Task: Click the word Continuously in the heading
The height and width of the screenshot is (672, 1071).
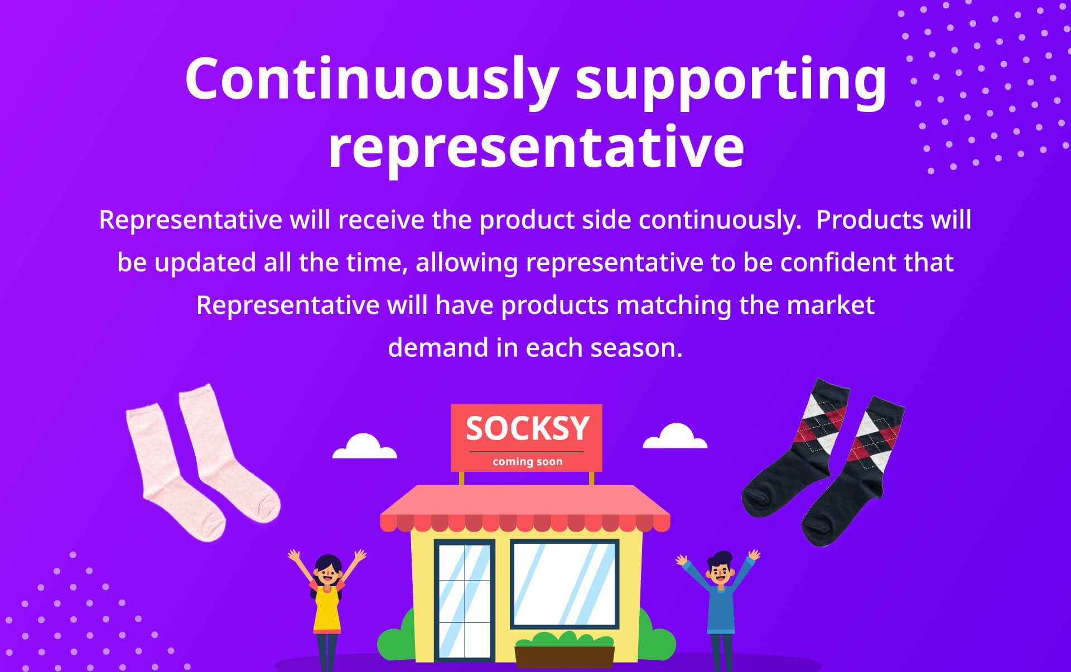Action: tap(372, 80)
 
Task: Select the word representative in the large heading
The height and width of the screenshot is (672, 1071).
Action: tap(536, 148)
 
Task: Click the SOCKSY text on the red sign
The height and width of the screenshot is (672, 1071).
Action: tap(528, 428)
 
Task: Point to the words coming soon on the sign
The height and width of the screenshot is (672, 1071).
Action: tap(528, 462)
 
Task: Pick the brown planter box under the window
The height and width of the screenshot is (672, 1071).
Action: tap(565, 656)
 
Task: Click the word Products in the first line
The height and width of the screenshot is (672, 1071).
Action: tap(870, 220)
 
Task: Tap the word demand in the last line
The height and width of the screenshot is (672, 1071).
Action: tap(438, 348)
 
